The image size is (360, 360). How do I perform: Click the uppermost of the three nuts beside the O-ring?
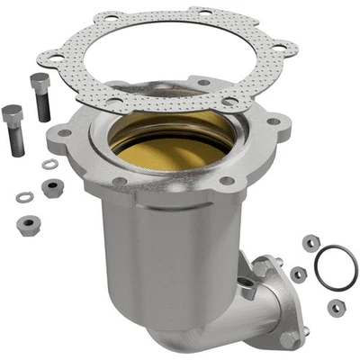coord(310,242)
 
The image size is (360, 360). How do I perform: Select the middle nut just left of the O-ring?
coord(299,273)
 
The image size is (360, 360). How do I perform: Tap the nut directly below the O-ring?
coord(335,307)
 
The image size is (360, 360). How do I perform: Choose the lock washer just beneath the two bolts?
coord(50,165)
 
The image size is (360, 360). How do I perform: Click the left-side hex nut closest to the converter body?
coord(52,187)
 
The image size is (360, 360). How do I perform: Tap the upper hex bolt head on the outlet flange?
coord(262,267)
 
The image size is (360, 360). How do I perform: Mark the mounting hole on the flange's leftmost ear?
coord(64,133)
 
